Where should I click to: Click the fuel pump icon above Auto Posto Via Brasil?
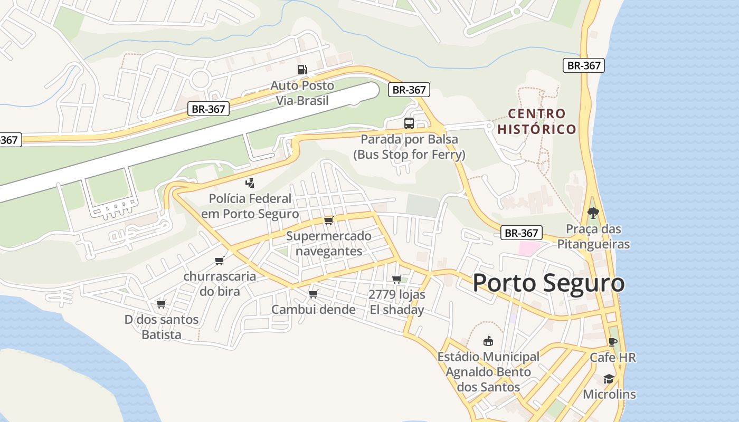click(x=302, y=69)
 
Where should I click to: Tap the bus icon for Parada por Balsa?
click(x=409, y=123)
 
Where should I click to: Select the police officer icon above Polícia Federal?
click(x=250, y=183)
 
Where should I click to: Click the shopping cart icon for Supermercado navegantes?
click(x=329, y=220)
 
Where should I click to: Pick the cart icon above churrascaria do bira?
click(x=220, y=261)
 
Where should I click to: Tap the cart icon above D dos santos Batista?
click(x=162, y=304)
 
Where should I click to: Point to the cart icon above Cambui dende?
click(x=314, y=294)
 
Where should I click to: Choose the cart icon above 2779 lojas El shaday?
click(x=397, y=279)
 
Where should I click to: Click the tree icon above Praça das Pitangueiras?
click(x=593, y=213)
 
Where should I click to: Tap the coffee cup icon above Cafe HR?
click(x=612, y=342)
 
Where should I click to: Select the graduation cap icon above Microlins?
click(x=609, y=379)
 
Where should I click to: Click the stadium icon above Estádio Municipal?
click(x=488, y=341)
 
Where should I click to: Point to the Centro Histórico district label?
click(x=537, y=121)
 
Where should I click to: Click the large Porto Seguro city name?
click(x=548, y=283)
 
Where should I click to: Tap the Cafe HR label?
click(x=613, y=358)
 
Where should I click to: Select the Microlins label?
click(x=609, y=395)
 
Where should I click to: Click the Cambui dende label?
click(x=314, y=310)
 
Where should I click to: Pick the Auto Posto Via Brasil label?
click(x=302, y=93)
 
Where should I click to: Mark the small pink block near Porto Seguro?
click(x=529, y=248)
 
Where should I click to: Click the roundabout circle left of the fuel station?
click(x=201, y=80)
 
